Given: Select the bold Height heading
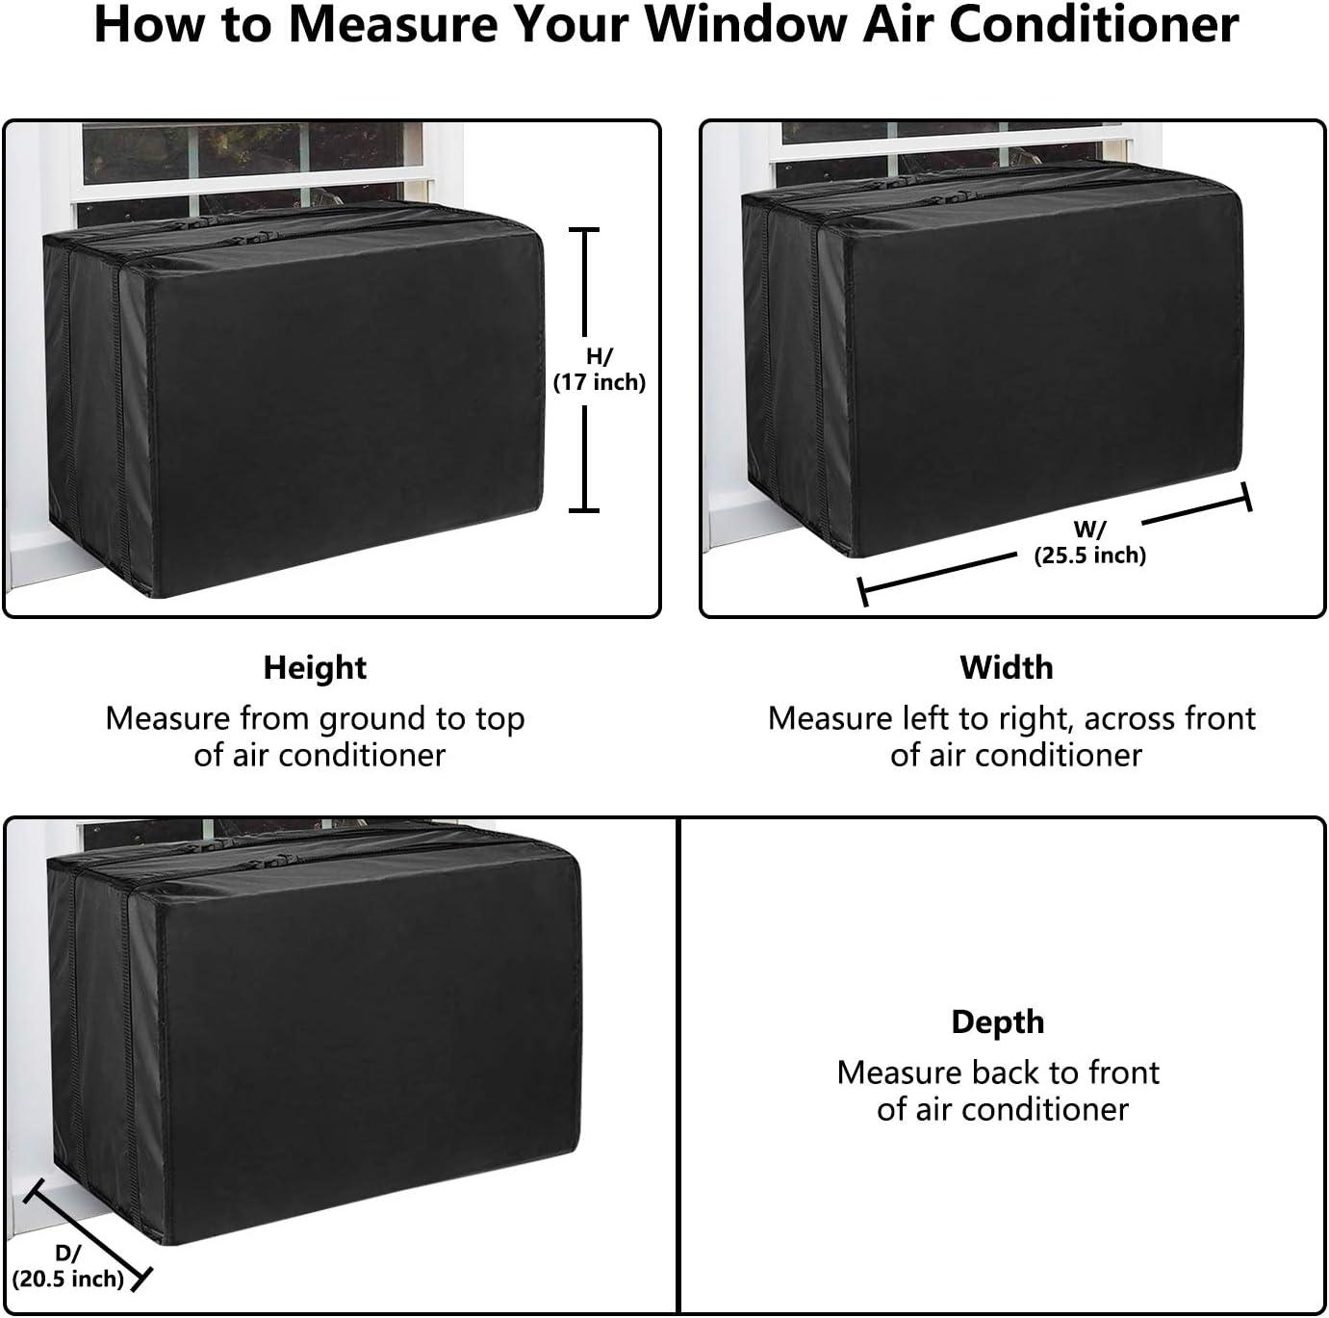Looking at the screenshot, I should point(315,667).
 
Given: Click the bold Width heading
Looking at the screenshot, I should point(1006,667).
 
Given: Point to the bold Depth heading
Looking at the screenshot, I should point(997,1021).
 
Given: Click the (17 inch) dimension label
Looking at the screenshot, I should point(599,382).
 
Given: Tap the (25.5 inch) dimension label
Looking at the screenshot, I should point(1089,555).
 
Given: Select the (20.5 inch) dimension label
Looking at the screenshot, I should point(68,1279).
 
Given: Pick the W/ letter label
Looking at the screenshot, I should point(1089,530).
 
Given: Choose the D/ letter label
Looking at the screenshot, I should point(67,1253).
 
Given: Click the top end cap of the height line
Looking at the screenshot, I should point(583,230).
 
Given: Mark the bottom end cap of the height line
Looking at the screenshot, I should point(583,509).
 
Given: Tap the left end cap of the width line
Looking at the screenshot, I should point(863,591).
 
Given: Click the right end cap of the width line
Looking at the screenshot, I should point(1247,497).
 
